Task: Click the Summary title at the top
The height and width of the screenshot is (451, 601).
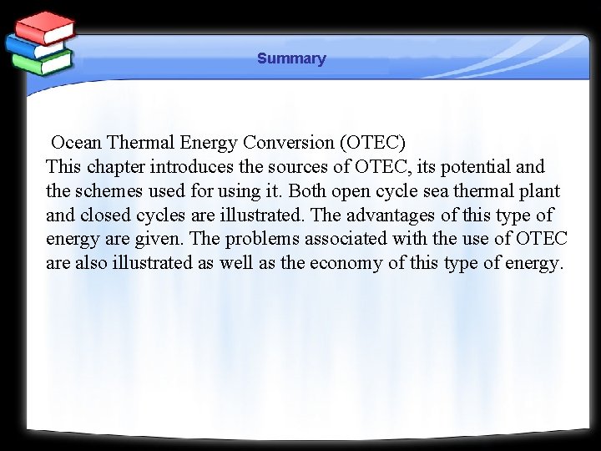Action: (291, 58)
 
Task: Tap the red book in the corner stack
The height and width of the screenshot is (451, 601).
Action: (45, 28)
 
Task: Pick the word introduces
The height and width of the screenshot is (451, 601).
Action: (194, 166)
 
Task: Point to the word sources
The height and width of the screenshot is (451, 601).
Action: (304, 166)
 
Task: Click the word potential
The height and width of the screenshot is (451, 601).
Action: (474, 166)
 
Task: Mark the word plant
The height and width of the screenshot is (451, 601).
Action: (539, 190)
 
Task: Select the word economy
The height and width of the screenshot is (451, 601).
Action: (348, 263)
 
